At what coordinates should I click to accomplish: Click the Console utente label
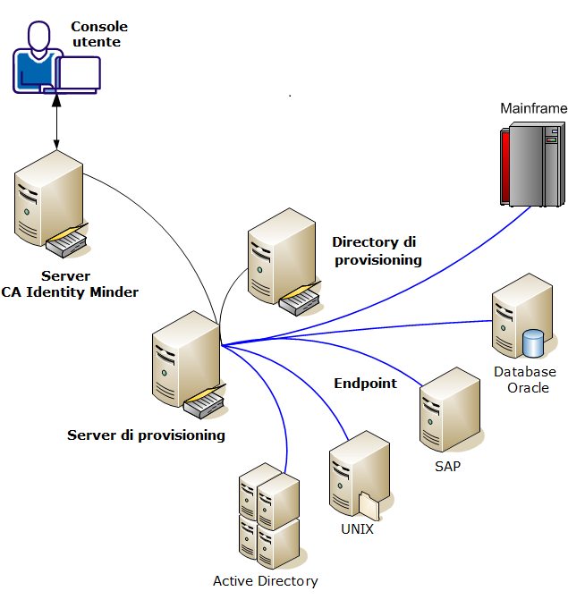[x=99, y=34]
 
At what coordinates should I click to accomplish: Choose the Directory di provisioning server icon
[x=282, y=260]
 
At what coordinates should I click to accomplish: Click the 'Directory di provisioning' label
[x=376, y=250]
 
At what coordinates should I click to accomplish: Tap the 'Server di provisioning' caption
[x=146, y=435]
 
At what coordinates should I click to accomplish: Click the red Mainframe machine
[x=529, y=165]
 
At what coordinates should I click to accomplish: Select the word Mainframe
[x=533, y=108]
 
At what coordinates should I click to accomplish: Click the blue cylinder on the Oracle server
[x=533, y=342]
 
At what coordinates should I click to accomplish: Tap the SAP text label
[x=447, y=466]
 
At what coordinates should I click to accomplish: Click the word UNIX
[x=357, y=528]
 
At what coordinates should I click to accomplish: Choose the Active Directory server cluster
[x=267, y=516]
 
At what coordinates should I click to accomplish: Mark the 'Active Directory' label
[x=265, y=581]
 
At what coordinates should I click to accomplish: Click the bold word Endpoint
[x=365, y=384]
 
